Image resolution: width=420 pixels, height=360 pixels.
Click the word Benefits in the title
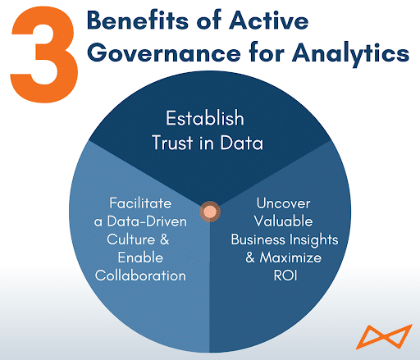click(x=138, y=21)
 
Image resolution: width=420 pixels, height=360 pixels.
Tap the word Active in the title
click(x=269, y=20)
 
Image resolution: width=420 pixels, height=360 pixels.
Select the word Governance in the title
click(x=164, y=53)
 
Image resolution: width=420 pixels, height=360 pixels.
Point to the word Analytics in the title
click(x=350, y=53)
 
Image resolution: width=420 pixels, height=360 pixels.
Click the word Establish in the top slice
click(x=205, y=118)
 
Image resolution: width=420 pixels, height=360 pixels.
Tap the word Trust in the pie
click(x=172, y=143)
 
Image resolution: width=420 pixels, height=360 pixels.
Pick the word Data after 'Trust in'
click(x=242, y=143)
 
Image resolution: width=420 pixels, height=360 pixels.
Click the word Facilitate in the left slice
click(x=140, y=203)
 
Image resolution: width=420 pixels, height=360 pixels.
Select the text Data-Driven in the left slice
click(x=147, y=221)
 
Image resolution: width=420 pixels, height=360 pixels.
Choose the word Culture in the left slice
click(x=131, y=239)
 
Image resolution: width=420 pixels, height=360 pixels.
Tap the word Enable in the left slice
click(x=140, y=257)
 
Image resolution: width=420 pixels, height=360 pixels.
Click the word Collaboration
click(x=140, y=276)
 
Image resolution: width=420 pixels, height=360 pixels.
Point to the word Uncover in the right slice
click(x=283, y=203)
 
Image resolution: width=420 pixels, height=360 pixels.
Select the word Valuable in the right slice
click(x=283, y=221)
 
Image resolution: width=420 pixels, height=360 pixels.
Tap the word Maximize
click(x=290, y=257)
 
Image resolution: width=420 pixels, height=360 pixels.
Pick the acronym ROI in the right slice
click(x=285, y=276)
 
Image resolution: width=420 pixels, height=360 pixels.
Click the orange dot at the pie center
click(x=210, y=211)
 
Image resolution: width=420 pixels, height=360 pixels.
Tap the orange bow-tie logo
click(x=384, y=337)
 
